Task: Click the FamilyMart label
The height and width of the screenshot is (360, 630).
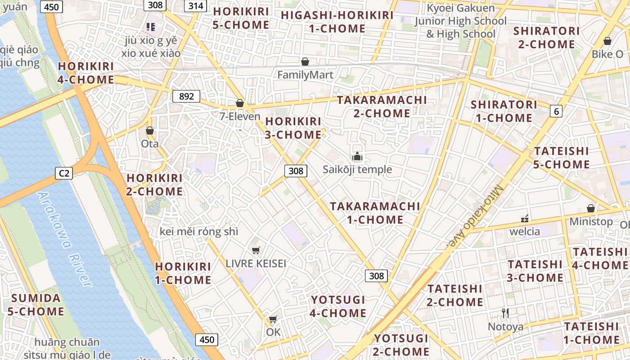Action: pyautogui.click(x=305, y=75)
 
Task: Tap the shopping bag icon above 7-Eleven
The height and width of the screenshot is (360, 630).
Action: pyautogui.click(x=240, y=103)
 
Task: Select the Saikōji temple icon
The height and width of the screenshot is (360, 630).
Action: pyautogui.click(x=357, y=157)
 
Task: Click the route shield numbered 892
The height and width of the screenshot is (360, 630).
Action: pyautogui.click(x=186, y=96)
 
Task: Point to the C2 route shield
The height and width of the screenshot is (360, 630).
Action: pyautogui.click(x=64, y=173)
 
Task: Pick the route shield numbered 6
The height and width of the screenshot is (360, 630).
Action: pyautogui.click(x=556, y=111)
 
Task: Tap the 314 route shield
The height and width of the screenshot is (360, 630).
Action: pyautogui.click(x=195, y=5)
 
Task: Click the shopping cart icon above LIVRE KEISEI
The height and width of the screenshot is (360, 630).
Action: pyautogui.click(x=256, y=251)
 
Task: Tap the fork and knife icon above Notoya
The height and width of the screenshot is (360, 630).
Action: pyautogui.click(x=505, y=313)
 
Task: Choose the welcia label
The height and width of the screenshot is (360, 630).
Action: pyautogui.click(x=525, y=231)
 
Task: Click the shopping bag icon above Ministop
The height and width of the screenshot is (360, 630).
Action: pyautogui.click(x=591, y=208)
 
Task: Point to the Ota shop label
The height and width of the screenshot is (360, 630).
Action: pyautogui.click(x=150, y=144)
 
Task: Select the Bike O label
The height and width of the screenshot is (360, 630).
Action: pyautogui.click(x=607, y=54)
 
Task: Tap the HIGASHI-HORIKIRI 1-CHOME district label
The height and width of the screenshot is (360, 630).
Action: pyautogui.click(x=337, y=22)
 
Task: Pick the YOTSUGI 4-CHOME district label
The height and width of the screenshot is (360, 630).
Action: pyautogui.click(x=338, y=306)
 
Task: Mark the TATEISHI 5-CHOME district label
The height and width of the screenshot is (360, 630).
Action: pyautogui.click(x=561, y=157)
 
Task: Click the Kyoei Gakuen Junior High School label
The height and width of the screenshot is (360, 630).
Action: pyautogui.click(x=460, y=21)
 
